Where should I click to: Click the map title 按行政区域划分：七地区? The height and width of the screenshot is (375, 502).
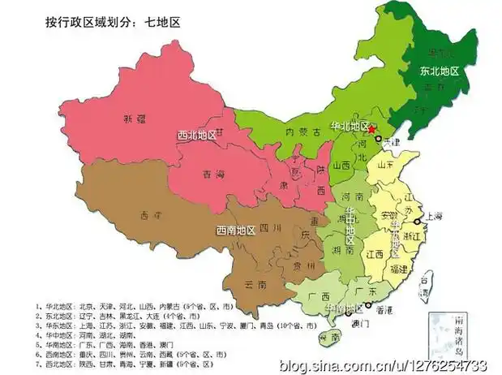(x=112, y=22)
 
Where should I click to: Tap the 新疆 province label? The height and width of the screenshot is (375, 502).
(x=134, y=119)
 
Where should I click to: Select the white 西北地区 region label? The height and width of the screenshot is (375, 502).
(x=197, y=136)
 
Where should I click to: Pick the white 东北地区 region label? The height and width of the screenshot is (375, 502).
(x=439, y=71)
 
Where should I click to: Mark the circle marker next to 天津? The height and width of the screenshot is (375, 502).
(x=378, y=140)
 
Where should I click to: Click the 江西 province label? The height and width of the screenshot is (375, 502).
(x=374, y=254)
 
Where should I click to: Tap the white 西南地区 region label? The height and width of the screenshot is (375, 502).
(x=235, y=231)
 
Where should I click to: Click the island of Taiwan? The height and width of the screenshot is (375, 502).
(x=431, y=285)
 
